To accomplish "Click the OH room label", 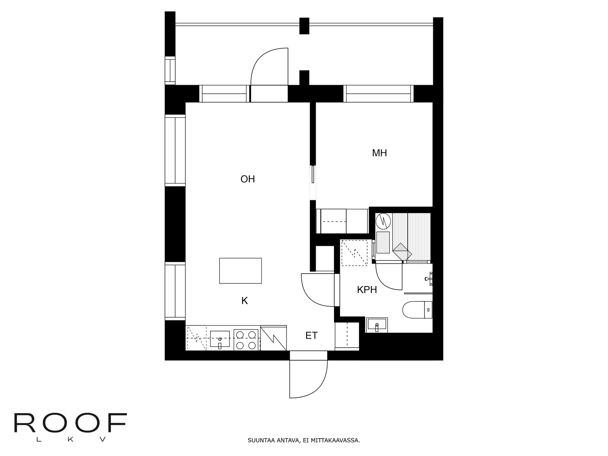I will click(247, 179).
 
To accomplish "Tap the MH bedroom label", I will click(379, 153).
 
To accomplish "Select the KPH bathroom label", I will click(367, 290).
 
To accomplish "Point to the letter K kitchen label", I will click(244, 301).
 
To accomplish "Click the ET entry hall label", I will click(311, 336).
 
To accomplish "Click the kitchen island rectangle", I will click(240, 271).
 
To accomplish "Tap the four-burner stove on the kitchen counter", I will click(246, 340).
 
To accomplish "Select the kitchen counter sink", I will click(220, 339).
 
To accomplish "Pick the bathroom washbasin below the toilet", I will click(377, 325).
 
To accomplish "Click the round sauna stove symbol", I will click(383, 220).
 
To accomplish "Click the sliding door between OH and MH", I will click(313, 175).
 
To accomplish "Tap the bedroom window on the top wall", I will click(378, 94).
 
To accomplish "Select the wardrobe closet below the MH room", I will click(342, 221).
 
